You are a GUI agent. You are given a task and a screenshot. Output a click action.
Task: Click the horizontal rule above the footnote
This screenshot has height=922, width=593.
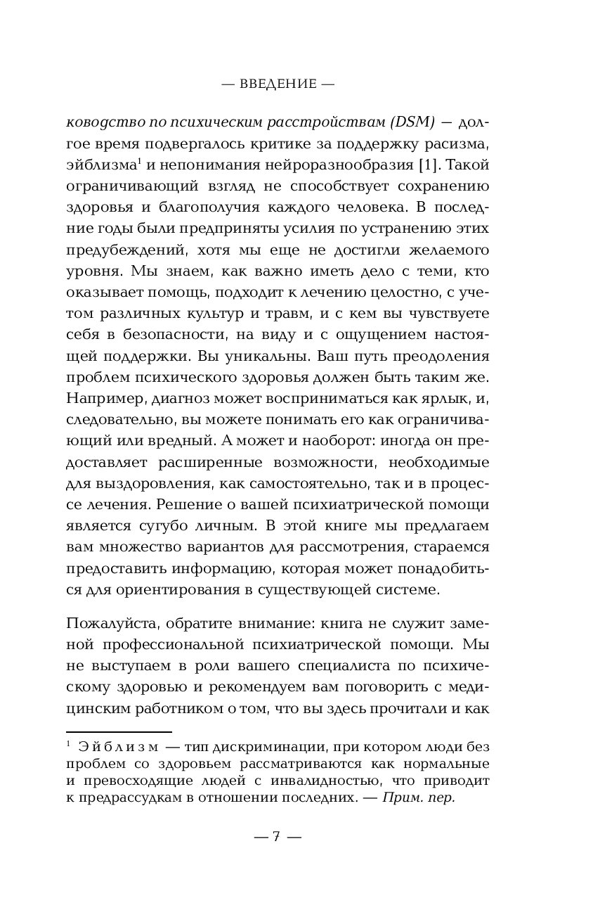pos(119,732)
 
